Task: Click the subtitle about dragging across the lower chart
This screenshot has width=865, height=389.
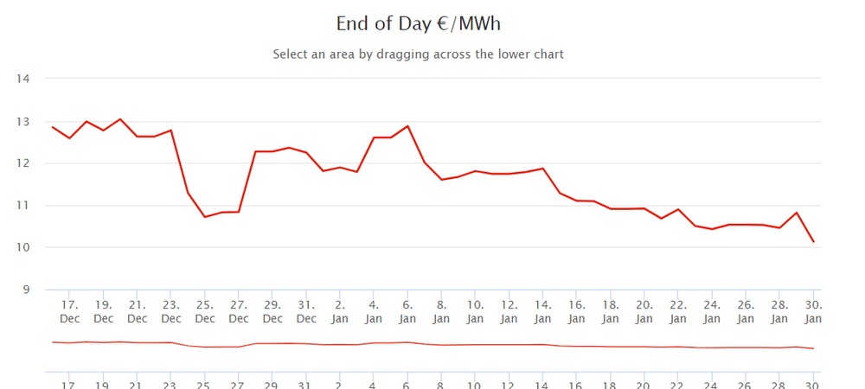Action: click(418, 54)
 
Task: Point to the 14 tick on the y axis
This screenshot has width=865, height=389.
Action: click(23, 80)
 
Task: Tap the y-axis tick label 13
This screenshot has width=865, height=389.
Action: click(23, 122)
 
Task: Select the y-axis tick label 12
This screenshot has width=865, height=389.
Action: click(23, 163)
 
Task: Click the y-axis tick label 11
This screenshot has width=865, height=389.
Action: click(23, 206)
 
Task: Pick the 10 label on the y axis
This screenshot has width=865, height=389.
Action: click(23, 248)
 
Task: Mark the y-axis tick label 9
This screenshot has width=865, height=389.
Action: click(25, 290)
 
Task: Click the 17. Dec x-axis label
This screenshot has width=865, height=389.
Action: click(70, 311)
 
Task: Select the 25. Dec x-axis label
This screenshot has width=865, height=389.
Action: click(205, 311)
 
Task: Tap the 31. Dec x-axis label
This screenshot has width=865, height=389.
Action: click(306, 311)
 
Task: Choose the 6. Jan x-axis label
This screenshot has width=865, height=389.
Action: click(407, 311)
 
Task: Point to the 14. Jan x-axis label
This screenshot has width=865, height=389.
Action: click(542, 311)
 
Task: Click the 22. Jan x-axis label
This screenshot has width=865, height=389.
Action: click(678, 311)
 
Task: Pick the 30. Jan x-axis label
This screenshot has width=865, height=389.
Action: click(813, 311)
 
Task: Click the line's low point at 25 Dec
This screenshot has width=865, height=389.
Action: click(205, 216)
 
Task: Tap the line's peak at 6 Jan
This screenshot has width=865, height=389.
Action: click(407, 126)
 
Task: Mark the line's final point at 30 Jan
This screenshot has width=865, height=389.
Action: click(813, 242)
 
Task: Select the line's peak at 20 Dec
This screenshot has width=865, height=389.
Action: click(120, 119)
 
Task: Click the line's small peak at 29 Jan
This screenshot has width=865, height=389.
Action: click(797, 213)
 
